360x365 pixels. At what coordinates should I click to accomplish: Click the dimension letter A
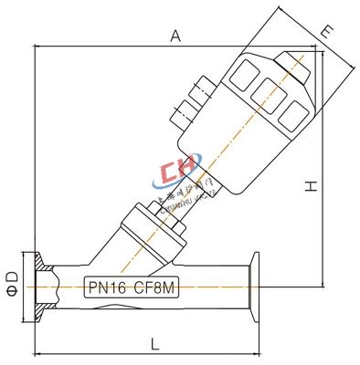(x=175, y=36)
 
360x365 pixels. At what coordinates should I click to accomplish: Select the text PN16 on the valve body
(x=107, y=286)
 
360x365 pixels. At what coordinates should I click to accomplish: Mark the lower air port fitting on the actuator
(x=183, y=114)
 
